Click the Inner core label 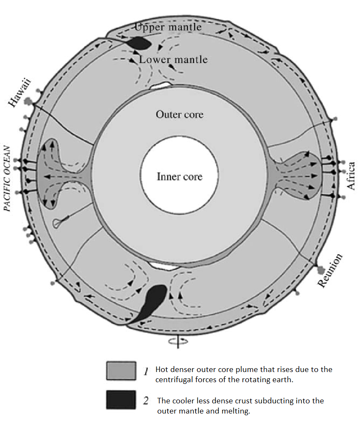pos(180,176)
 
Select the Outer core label pos(180,114)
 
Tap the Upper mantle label pos(168,28)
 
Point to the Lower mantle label pos(174,59)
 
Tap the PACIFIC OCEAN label pos(7,179)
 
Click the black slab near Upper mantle pos(138,42)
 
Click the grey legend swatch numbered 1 pos(121,371)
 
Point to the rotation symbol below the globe pos(177,340)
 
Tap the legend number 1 pos(145,372)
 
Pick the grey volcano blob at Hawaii pos(29,101)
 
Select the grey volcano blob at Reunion pos(321,269)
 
